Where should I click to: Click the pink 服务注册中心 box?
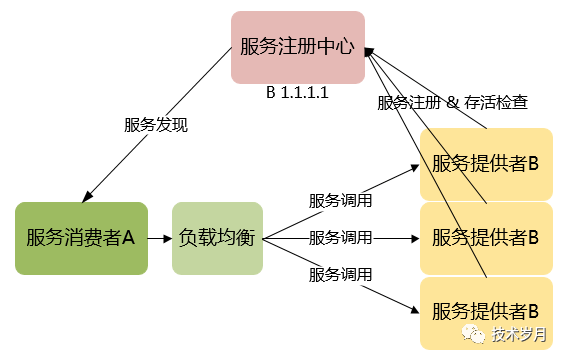point(298,47)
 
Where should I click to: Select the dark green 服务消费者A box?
point(81,238)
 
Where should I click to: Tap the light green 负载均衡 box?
point(217,238)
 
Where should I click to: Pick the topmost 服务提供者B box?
point(485,163)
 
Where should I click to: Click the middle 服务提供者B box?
point(485,238)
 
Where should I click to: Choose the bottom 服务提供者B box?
point(485,312)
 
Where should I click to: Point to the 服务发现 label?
point(156,126)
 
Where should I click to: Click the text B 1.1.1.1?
point(297,92)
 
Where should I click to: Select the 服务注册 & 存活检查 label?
point(452,102)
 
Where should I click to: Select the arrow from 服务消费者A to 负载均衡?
point(160,238)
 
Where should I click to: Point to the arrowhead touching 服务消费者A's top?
point(86,196)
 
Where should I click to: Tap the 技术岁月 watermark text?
point(519,335)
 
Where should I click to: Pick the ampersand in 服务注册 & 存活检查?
point(452,102)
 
